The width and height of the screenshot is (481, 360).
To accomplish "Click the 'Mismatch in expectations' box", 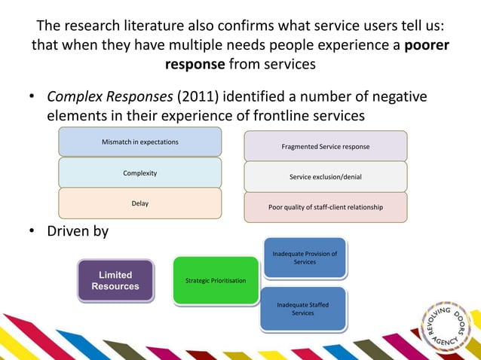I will (x=139, y=142).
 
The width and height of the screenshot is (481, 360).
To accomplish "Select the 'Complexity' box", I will (x=139, y=172).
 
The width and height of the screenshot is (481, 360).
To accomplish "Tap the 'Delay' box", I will (x=139, y=203).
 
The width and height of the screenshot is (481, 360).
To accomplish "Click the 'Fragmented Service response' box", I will (x=325, y=146).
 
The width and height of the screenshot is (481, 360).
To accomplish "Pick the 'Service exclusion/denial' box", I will (x=325, y=177).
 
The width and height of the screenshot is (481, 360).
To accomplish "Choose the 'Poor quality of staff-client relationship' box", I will (x=325, y=207).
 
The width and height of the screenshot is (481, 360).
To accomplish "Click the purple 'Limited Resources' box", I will (x=115, y=281).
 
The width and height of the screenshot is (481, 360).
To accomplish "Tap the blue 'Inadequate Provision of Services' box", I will (x=304, y=258).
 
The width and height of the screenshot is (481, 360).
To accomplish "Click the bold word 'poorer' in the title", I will (x=427, y=45).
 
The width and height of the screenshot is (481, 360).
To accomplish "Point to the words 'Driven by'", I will (x=78, y=230).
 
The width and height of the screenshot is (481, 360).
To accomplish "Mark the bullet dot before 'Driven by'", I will (x=33, y=231).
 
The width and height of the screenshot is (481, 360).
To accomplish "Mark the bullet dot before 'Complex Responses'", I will (x=33, y=98).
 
